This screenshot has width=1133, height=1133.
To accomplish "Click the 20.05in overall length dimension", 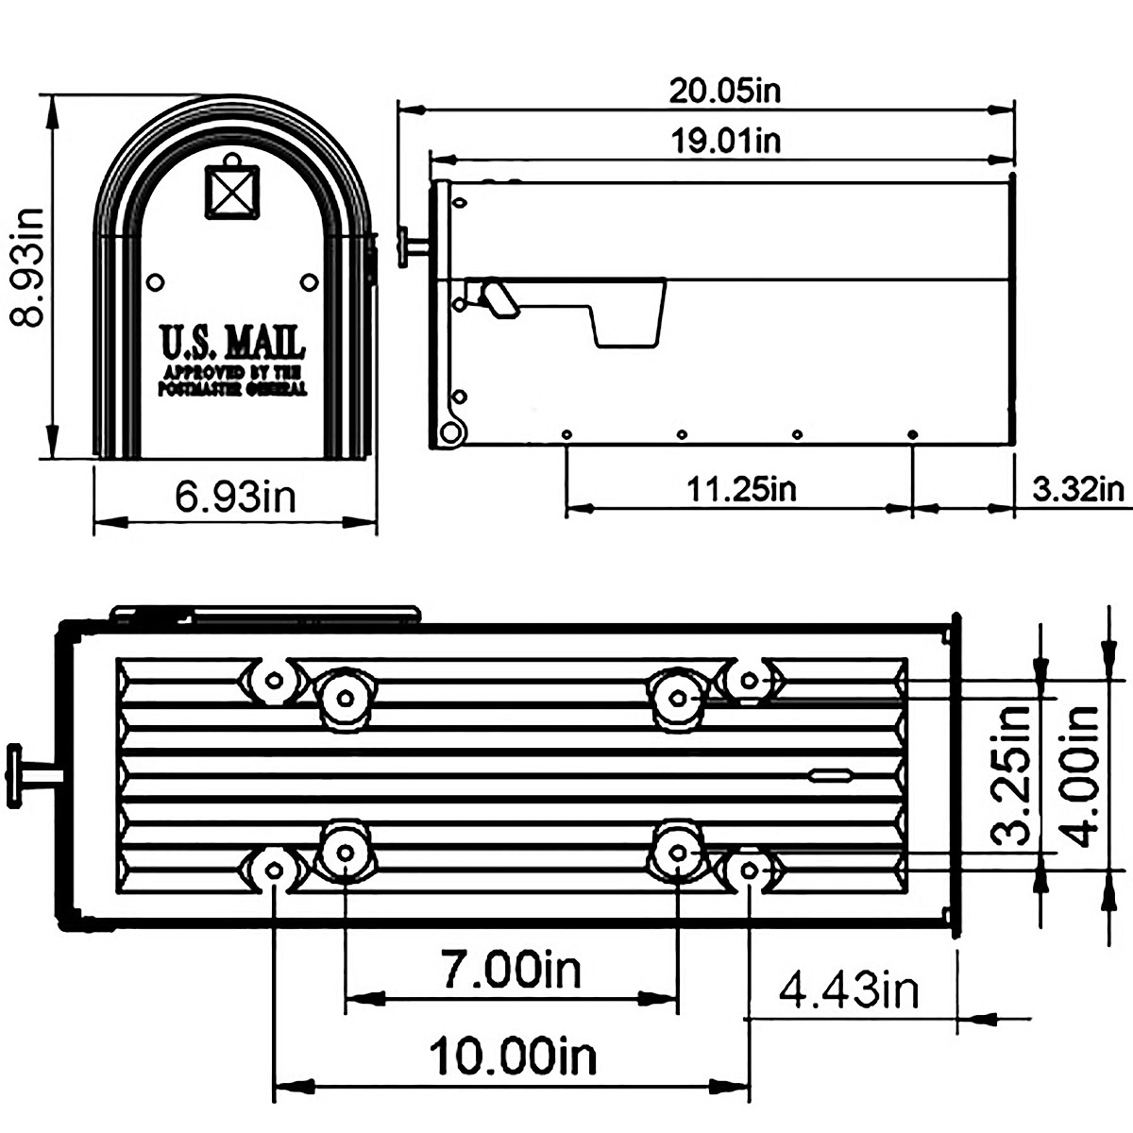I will (725, 91).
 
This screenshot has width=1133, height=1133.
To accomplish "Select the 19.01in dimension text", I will (725, 141).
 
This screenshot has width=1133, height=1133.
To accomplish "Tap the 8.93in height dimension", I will (26, 266).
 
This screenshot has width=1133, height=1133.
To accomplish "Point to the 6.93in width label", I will (235, 495).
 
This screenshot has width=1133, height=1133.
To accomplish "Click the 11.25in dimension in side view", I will (740, 489).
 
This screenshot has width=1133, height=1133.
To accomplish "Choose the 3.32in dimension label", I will (1077, 489).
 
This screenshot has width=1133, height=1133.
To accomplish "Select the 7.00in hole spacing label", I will (511, 969).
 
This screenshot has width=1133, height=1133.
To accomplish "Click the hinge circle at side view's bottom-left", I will (452, 432).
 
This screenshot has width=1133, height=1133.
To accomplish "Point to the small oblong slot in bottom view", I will (830, 776).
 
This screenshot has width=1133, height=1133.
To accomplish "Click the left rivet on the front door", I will (155, 281).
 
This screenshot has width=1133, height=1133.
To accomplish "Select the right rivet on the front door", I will (309, 281).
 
